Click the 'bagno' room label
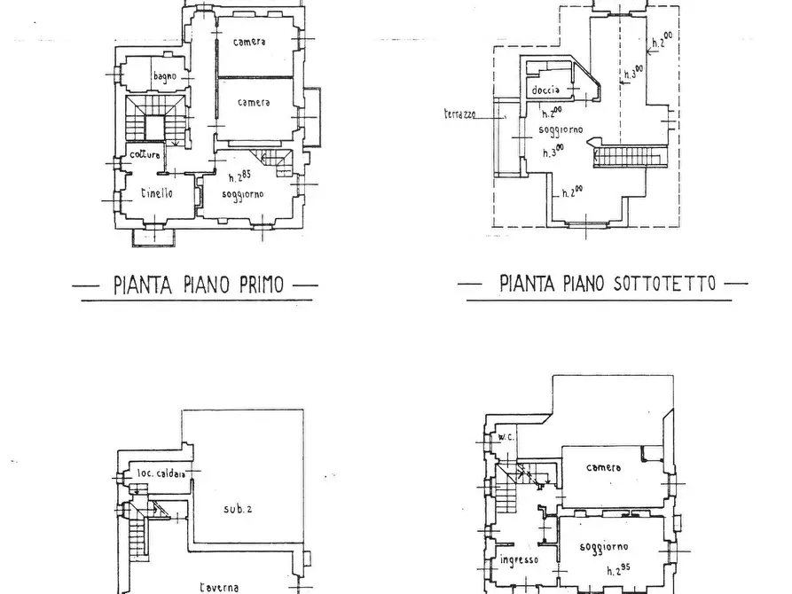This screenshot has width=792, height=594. click(165, 77)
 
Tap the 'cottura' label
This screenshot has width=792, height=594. click(145, 154)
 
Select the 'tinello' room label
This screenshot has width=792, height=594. click(157, 192)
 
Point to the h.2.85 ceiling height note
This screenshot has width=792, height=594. click(239, 176)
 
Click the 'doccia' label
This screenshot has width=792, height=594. click(545, 90)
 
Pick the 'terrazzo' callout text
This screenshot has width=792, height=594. click(459, 114)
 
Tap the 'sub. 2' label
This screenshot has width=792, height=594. click(238, 509)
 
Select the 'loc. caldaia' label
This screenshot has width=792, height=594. click(161, 473)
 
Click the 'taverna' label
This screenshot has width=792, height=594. click(219, 588)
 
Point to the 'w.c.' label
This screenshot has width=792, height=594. click(506, 436)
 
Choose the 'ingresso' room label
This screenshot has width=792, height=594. click(519, 560)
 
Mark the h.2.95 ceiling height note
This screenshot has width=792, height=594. click(618, 570)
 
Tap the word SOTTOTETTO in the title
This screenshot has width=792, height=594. click(664, 284)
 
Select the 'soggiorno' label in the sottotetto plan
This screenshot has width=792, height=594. click(561, 129)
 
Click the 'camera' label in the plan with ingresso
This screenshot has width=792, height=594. click(604, 468)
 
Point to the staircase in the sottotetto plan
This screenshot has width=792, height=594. click(631, 156)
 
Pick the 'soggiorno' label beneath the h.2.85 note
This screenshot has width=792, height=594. click(243, 194)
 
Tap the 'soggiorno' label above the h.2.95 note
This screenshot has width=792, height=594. click(604, 547)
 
